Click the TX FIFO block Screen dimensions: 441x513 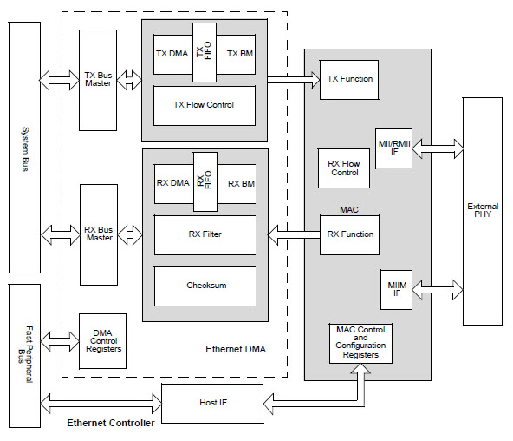tap(204, 53)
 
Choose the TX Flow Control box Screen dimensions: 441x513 tap(205, 106)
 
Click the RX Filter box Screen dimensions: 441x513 tap(205, 234)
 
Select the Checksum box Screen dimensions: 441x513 tap(205, 286)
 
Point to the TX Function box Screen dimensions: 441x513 tap(350, 79)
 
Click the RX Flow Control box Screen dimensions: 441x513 tap(344, 167)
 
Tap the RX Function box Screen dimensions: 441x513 tap(350, 234)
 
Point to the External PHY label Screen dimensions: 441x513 tap(482, 210)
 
